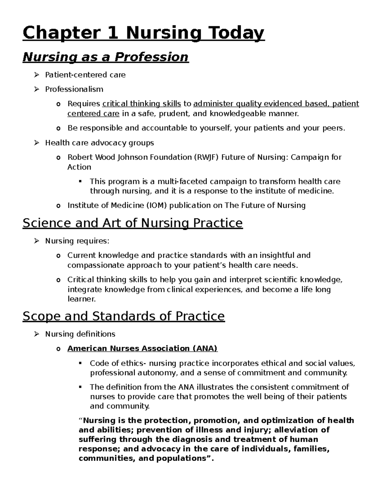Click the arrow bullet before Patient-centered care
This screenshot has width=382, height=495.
37,75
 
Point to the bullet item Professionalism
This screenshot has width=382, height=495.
74,89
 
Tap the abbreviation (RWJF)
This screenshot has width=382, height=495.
206,157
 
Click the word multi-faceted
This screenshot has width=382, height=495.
173,181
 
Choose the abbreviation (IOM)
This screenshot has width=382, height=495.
156,205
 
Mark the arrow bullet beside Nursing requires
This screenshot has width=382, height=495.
37,241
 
